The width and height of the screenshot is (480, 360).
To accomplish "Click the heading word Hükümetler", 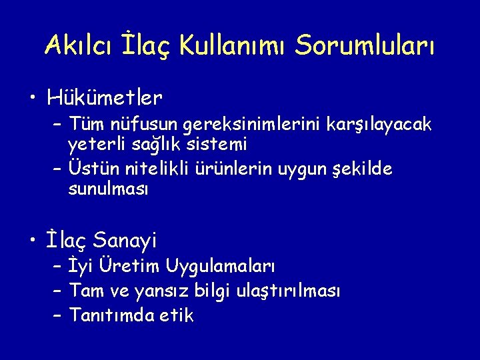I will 105,99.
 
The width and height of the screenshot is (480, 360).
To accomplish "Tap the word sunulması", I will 108,189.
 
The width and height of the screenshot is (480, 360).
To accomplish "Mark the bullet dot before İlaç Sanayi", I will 33,239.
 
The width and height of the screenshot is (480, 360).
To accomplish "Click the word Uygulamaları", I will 220,267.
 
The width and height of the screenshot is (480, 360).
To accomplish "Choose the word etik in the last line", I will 175,315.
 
